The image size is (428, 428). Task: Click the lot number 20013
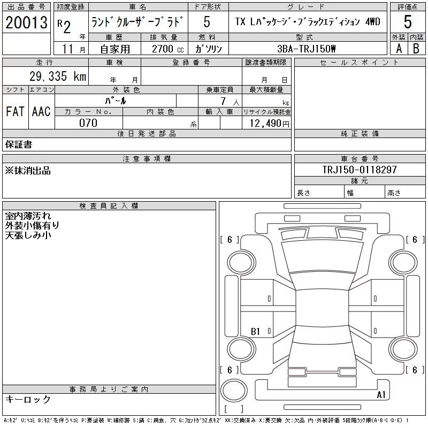[26, 22]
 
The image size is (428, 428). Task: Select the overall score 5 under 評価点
[408, 21]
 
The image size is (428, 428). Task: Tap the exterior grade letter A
[399, 49]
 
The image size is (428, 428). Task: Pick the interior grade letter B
[416, 49]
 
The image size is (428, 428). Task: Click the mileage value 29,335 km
[58, 76]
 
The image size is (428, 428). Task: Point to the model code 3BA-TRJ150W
[306, 49]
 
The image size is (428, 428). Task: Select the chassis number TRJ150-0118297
[360, 170]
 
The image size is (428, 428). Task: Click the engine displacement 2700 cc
[168, 49]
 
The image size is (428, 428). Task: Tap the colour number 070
[88, 123]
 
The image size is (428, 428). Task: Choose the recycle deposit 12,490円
[270, 124]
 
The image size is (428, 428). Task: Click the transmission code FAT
[15, 111]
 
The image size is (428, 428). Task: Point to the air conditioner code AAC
[41, 111]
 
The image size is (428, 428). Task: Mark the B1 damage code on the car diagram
[255, 331]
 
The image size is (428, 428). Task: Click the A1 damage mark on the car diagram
[381, 394]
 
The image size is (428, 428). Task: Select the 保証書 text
[19, 144]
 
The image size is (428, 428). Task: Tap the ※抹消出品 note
[28, 171]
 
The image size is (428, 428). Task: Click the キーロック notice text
[28, 399]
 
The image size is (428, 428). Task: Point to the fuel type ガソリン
[208, 49]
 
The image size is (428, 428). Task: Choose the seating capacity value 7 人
[230, 102]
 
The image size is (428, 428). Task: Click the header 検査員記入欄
[109, 206]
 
